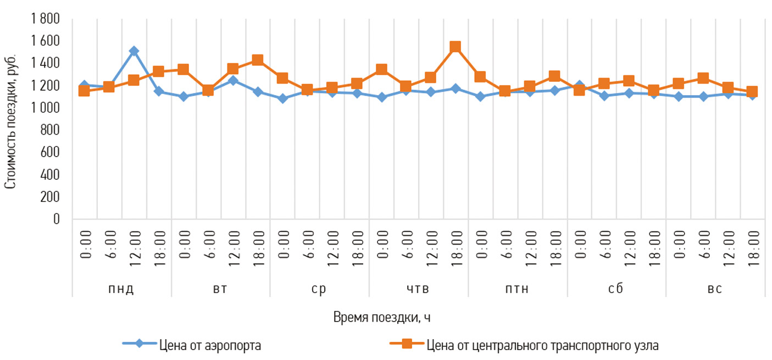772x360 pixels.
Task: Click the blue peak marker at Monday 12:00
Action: point(134,51)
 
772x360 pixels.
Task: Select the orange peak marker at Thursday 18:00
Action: point(455,47)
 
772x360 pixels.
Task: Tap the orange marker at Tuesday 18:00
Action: point(257,60)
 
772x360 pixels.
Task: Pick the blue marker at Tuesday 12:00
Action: point(232,80)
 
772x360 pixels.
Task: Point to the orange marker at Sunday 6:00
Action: point(703,78)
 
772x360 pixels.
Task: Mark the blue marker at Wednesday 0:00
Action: point(282,99)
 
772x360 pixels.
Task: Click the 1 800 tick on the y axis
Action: point(48,19)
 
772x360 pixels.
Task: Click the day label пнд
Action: point(121,289)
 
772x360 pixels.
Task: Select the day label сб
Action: point(616,289)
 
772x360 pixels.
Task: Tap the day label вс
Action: point(715,289)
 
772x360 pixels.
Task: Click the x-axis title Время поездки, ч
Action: point(385,317)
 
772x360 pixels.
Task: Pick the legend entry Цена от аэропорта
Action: point(210,346)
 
